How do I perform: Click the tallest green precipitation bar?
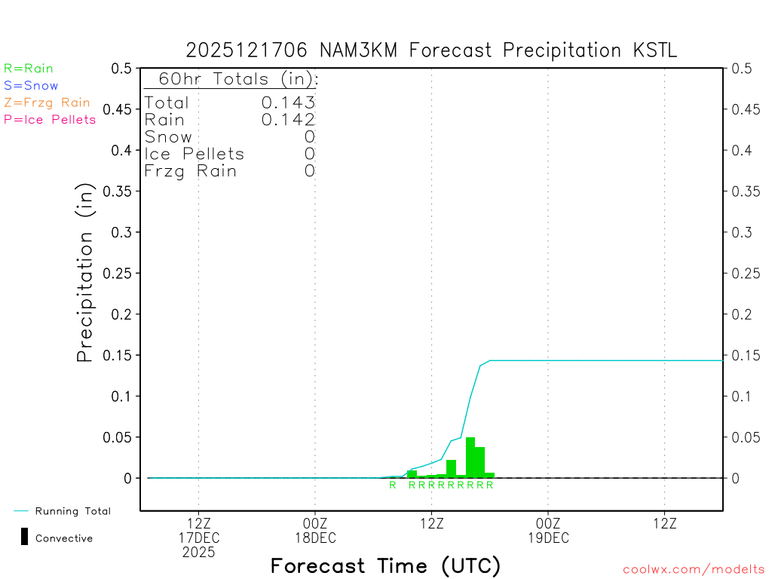[470, 458]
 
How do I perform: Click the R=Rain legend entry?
[29, 69]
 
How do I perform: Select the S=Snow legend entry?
[31, 86]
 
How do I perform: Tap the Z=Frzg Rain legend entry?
[47, 103]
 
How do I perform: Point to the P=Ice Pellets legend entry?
[50, 119]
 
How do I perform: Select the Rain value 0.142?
[288, 120]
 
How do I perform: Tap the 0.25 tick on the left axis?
[121, 273]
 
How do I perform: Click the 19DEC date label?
[548, 538]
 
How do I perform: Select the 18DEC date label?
[314, 538]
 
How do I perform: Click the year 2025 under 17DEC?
[198, 553]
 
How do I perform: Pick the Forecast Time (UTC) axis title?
[385, 565]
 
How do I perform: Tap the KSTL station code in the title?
[654, 51]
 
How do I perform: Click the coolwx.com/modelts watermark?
[694, 569]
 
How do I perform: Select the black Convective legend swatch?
[25, 537]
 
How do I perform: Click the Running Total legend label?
[72, 511]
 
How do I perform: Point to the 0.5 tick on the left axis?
[123, 68]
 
